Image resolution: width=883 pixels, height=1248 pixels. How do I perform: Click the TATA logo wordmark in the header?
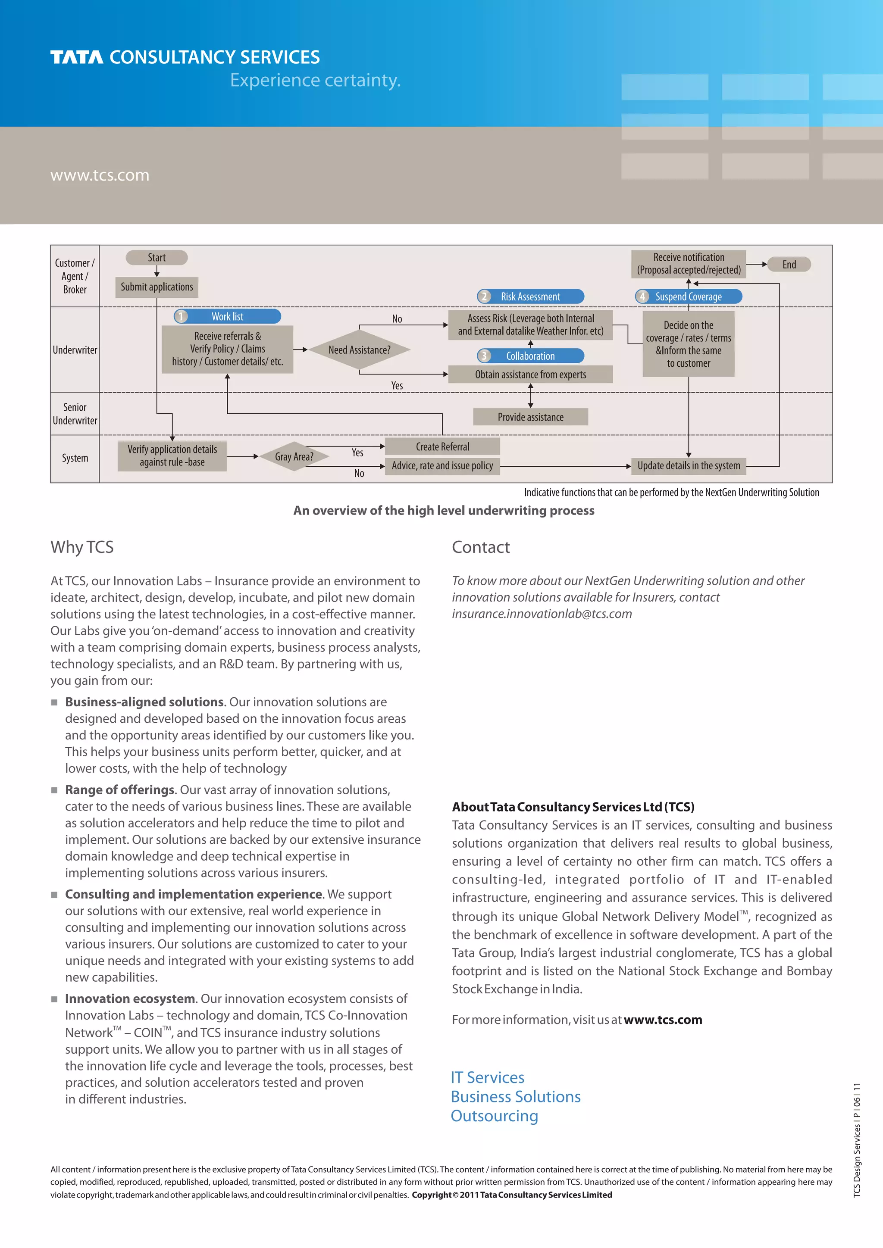click(77, 57)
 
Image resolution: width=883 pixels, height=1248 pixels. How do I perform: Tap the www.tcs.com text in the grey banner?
click(100, 175)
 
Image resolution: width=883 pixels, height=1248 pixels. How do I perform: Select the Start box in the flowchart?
click(157, 258)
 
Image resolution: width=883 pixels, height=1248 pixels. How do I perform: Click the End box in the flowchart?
click(789, 265)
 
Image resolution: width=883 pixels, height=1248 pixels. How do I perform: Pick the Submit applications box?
click(157, 287)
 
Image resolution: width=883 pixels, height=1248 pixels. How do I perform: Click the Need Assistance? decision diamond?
click(360, 350)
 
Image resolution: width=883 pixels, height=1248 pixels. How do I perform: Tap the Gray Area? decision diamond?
click(294, 457)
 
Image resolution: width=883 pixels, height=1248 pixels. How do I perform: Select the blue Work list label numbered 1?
click(227, 316)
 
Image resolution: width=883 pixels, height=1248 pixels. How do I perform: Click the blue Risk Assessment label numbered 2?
click(530, 297)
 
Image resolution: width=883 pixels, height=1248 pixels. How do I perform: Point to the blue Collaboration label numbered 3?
click(530, 356)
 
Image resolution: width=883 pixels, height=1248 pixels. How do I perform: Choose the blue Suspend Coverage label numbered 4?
click(689, 297)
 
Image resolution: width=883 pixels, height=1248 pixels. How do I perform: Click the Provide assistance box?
click(530, 417)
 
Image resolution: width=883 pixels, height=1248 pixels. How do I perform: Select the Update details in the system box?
click(689, 466)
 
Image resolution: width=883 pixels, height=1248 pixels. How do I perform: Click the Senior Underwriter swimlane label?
click(75, 414)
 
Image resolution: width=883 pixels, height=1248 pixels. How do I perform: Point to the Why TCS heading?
click(82, 547)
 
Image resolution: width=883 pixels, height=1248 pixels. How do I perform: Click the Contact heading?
click(481, 547)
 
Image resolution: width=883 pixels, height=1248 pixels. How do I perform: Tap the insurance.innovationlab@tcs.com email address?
click(542, 614)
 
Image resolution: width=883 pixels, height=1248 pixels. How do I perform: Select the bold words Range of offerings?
click(119, 790)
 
